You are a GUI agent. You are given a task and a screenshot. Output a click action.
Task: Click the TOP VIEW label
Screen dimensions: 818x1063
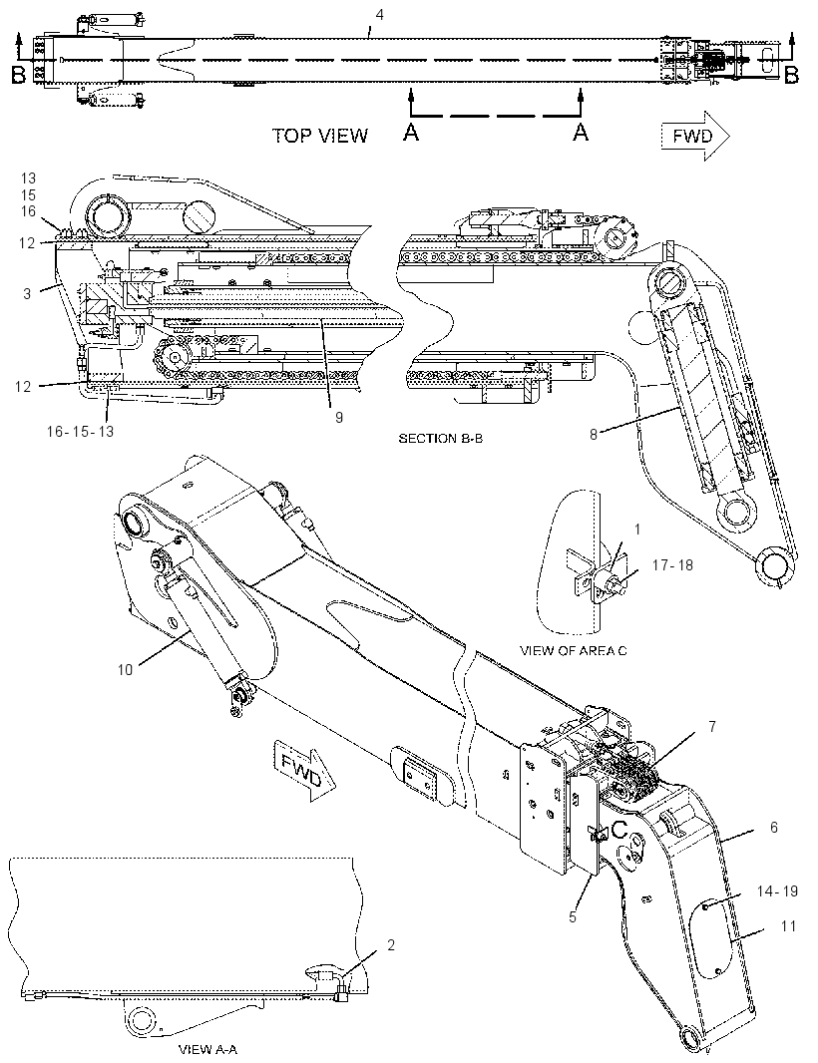pos(319,136)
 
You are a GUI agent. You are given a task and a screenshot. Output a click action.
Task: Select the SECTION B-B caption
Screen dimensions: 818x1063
pos(440,439)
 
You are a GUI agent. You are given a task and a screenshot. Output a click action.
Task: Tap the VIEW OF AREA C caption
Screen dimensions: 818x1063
pos(574,651)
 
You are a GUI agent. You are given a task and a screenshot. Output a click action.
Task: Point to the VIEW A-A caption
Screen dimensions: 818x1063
pos(207,1050)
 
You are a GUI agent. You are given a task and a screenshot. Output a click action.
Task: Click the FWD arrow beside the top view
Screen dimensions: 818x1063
pos(695,137)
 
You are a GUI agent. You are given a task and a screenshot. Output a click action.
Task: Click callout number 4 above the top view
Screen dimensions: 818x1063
pos(380,14)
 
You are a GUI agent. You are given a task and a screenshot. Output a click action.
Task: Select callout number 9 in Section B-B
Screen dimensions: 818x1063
pos(339,418)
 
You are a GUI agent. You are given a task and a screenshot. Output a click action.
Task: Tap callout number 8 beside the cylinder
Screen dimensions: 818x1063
pos(594,434)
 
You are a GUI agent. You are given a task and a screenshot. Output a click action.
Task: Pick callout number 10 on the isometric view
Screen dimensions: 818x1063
pos(125,670)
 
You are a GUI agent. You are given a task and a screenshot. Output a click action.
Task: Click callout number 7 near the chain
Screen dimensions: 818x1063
pos(712,727)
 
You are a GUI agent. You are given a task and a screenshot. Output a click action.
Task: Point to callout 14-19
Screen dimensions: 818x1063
pos(777,890)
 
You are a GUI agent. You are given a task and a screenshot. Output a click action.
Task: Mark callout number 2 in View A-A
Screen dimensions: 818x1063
pos(391,945)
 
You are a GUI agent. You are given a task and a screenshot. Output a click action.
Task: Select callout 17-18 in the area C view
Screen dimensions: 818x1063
pos(672,564)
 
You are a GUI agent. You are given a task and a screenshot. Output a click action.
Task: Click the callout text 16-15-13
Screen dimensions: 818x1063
pos(80,432)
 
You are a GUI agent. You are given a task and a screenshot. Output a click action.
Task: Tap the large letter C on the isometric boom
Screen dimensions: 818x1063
pos(620,829)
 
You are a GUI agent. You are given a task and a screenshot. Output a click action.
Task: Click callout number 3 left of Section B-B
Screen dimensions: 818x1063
pos(27,294)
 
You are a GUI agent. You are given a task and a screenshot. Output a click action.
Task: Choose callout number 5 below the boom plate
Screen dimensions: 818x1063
pos(574,916)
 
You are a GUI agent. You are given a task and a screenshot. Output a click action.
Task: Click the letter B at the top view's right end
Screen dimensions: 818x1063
pos(791,75)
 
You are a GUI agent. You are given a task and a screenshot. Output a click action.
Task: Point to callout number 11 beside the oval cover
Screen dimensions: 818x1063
pos(788,926)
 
